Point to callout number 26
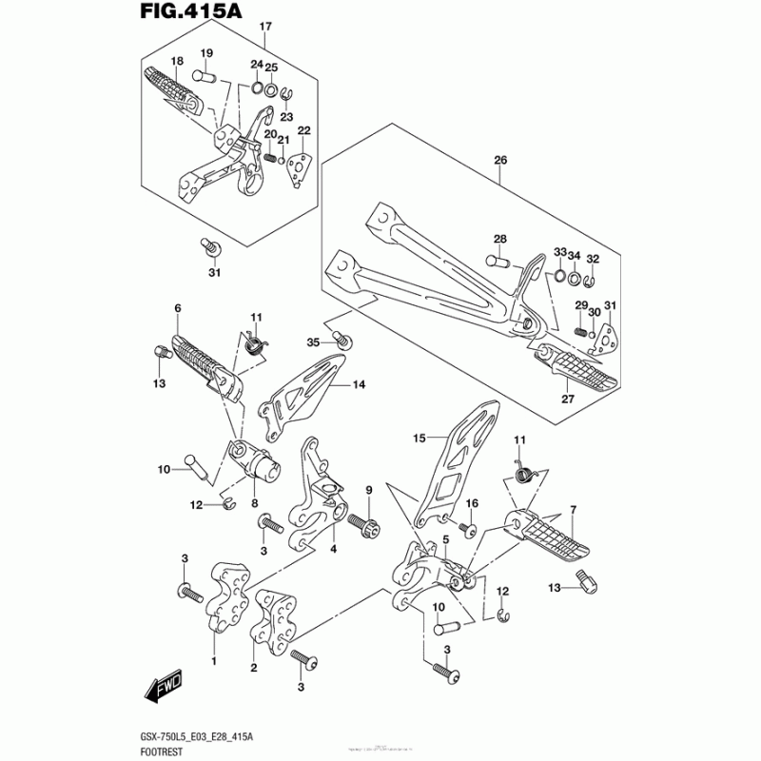click(500, 161)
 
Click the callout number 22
click(304, 130)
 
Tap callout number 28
click(500, 239)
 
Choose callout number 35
click(313, 341)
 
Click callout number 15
click(420, 439)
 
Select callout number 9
click(368, 489)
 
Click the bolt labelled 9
click(362, 523)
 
